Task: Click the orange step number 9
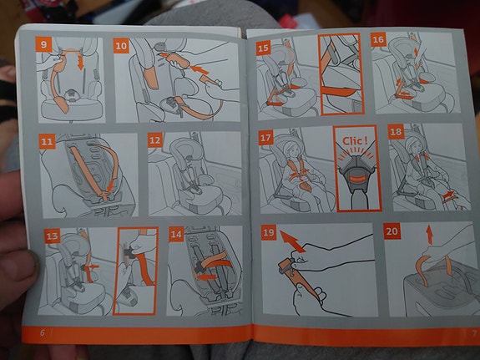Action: (43, 44)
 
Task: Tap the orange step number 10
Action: (121, 46)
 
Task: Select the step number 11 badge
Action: (47, 141)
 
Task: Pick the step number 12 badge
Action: (155, 140)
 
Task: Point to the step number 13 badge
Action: (52, 236)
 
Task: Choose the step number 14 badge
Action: (176, 235)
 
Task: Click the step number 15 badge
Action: (263, 48)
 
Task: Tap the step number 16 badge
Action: (378, 39)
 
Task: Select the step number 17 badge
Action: (265, 138)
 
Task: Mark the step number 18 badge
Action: (397, 132)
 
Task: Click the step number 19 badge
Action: (269, 232)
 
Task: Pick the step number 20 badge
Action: (392, 231)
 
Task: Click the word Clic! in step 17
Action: (355, 141)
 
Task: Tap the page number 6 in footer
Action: (43, 332)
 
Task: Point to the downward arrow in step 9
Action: (80, 62)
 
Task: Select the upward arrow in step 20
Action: (430, 235)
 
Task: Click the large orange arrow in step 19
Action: (292, 241)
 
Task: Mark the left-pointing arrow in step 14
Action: (205, 277)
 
